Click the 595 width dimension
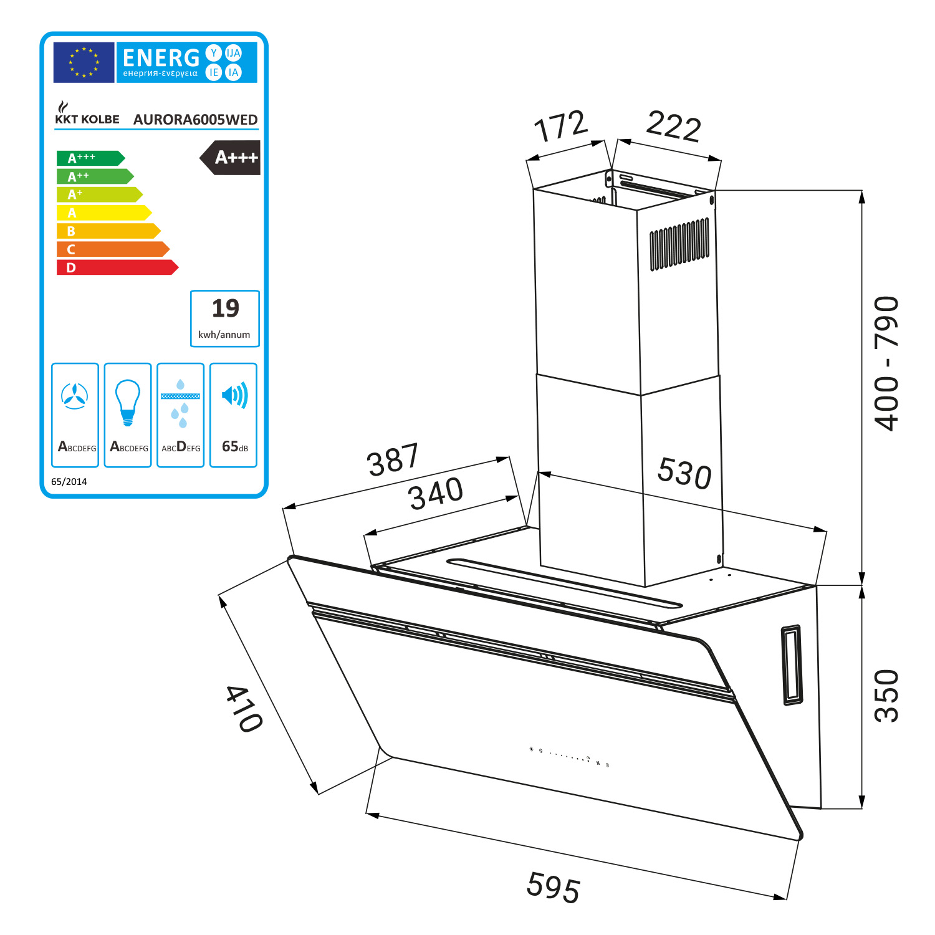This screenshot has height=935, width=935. point(554,886)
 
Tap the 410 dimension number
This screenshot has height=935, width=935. point(244,709)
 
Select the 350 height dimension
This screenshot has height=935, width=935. point(886,696)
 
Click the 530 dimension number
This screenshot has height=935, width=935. point(684,472)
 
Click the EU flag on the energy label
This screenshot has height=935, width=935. point(84,62)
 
